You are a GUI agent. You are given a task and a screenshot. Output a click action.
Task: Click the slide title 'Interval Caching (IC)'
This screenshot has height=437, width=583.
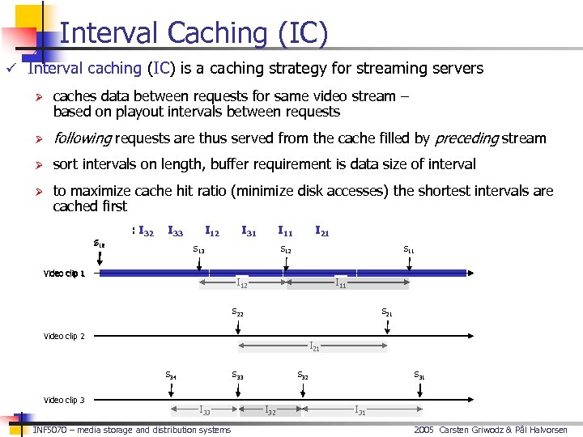point(194,32)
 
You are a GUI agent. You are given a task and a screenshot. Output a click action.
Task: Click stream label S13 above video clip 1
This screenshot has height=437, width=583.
point(198,249)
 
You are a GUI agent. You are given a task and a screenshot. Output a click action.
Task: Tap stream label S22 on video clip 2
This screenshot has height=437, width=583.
point(237,312)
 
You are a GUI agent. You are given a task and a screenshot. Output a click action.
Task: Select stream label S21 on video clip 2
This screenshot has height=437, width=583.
point(388,312)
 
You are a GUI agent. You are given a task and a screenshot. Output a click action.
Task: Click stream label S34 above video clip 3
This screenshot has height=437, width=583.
point(171,375)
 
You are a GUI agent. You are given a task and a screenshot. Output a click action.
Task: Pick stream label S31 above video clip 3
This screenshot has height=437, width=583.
point(419,375)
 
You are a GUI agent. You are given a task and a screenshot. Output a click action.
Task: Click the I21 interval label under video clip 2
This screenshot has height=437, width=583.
point(314,347)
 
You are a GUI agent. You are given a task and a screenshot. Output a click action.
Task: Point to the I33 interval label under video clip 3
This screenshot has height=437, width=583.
point(205,411)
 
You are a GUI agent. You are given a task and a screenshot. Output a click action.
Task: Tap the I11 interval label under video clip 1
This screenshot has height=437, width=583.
point(341,283)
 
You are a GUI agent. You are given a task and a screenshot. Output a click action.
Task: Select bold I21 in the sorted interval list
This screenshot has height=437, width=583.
point(321,232)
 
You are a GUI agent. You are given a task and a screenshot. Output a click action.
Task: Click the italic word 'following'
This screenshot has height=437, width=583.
point(82,138)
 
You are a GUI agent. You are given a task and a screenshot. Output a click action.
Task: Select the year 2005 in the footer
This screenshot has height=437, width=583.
point(424,430)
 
